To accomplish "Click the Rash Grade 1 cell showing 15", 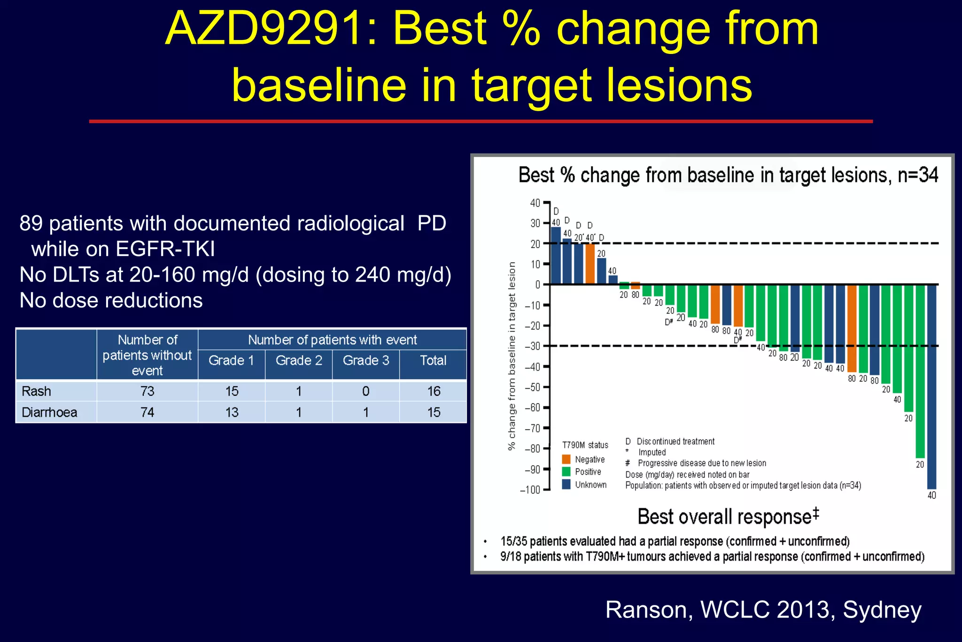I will pyautogui.click(x=232, y=391).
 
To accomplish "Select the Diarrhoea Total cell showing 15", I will pyautogui.click(x=433, y=412).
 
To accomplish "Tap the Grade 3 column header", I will pyautogui.click(x=366, y=360).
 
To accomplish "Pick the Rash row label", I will pyautogui.click(x=37, y=391).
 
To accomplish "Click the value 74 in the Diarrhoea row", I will pyautogui.click(x=147, y=412).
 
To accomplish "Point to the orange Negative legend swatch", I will pyautogui.click(x=566, y=459).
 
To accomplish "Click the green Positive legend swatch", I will pyautogui.click(x=566, y=471).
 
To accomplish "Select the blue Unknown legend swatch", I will pyautogui.click(x=566, y=484).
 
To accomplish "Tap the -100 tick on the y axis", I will pyautogui.click(x=531, y=490).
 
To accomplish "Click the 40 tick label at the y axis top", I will pyautogui.click(x=535, y=203).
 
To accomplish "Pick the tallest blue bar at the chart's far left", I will pyautogui.click(x=556, y=256).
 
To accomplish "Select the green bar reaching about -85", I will pyautogui.click(x=920, y=371).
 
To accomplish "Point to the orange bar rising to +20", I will pyautogui.click(x=590, y=264).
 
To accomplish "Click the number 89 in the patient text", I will pyautogui.click(x=31, y=223).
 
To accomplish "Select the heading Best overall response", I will pyautogui.click(x=727, y=517).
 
